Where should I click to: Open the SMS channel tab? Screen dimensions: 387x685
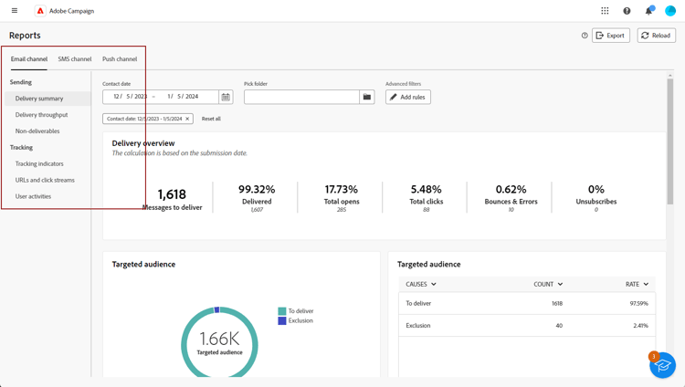coord(75,59)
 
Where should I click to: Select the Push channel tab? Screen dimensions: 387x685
coord(120,59)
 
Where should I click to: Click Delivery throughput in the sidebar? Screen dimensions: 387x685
coord(42,115)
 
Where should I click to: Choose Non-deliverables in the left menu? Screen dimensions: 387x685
coord(37,131)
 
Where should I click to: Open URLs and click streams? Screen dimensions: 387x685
coord(45,180)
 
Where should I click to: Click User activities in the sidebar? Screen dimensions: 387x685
coord(34,196)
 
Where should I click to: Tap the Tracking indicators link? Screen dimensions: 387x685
coord(39,164)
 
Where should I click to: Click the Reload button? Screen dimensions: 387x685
coord(656,36)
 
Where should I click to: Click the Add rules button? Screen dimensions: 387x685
coord(408,97)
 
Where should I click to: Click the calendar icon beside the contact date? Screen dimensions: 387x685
coord(226,97)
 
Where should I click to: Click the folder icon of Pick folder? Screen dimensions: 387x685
coord(367,97)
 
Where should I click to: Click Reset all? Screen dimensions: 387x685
coord(211,119)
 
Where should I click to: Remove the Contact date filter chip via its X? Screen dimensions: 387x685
coord(187,119)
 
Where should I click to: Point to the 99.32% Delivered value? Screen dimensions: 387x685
coord(257,190)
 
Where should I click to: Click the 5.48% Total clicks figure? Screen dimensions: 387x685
coord(427,190)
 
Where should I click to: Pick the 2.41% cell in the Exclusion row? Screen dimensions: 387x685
coord(640,325)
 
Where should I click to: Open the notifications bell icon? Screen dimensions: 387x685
coord(648,11)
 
